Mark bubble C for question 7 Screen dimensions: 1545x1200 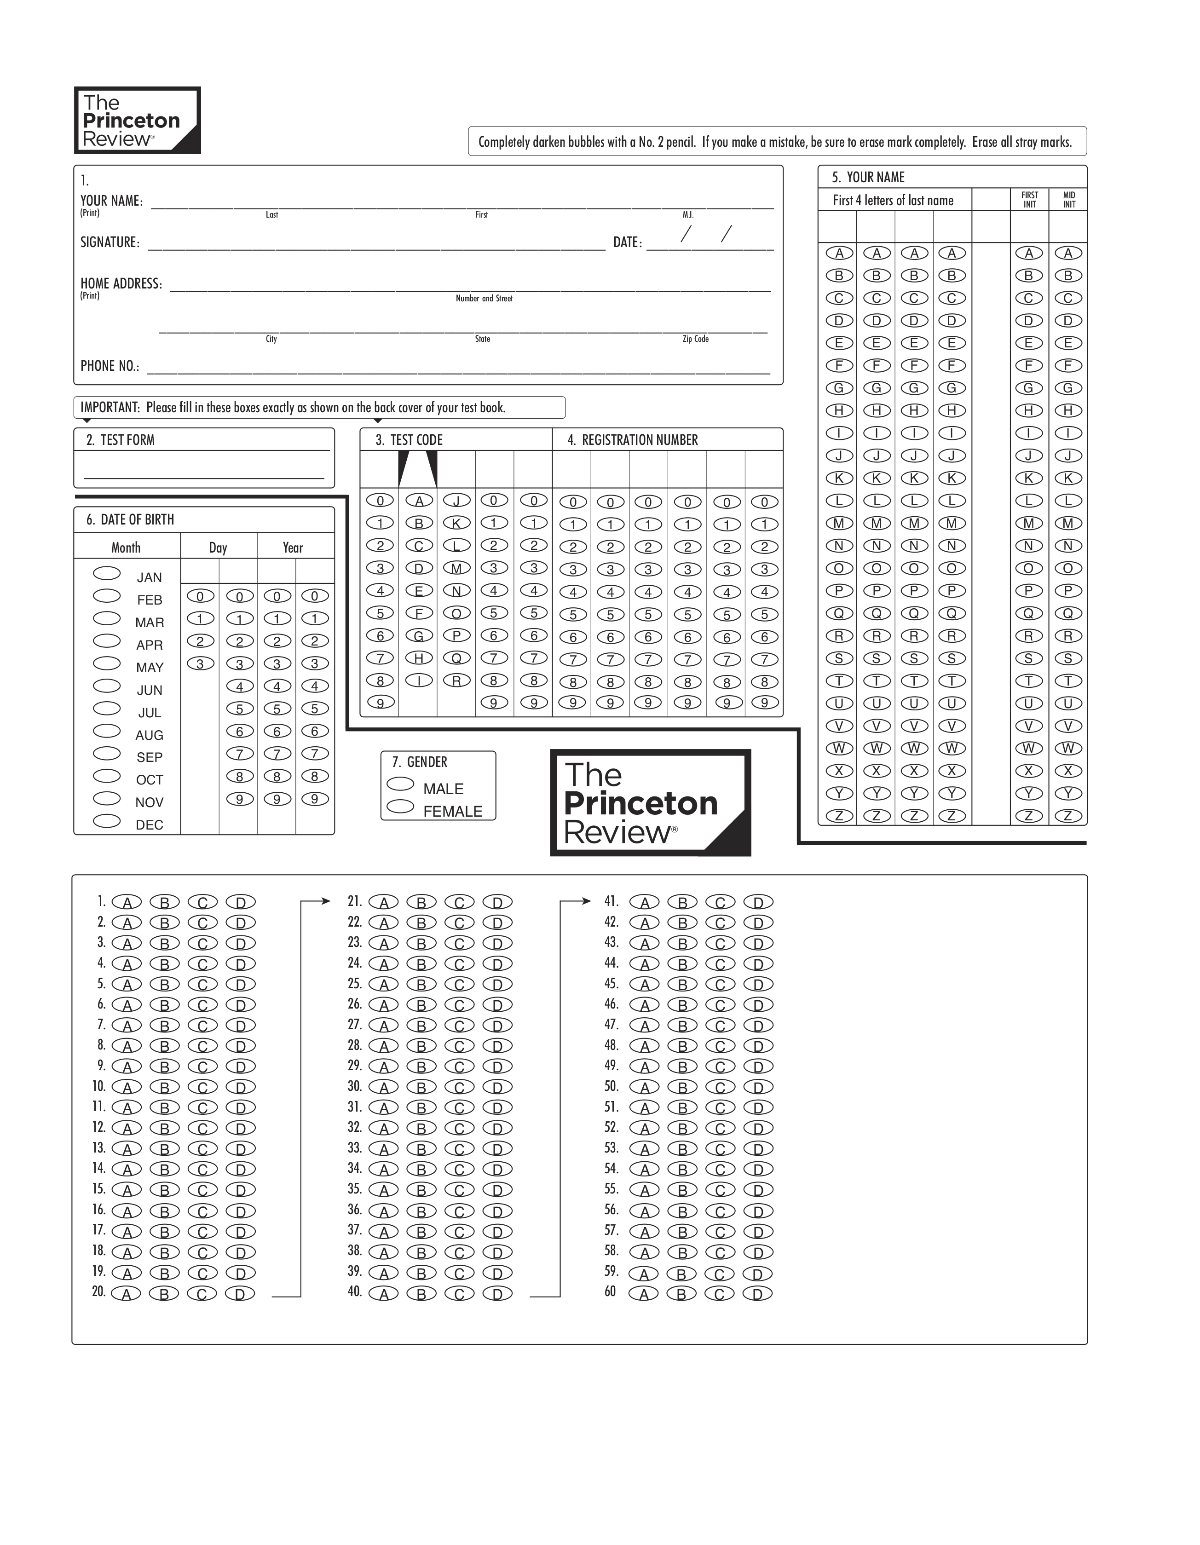(202, 1026)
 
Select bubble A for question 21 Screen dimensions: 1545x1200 (383, 903)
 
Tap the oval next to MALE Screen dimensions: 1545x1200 (400, 784)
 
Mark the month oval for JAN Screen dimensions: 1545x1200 (107, 573)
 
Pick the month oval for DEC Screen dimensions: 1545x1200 (107, 821)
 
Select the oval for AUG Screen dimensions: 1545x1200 (107, 731)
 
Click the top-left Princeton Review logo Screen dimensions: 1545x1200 (137, 120)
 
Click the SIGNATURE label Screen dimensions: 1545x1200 (110, 242)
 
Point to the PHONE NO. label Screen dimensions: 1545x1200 (110, 366)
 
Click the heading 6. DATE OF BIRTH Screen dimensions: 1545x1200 (130, 520)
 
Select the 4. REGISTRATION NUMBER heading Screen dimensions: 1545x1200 (633, 440)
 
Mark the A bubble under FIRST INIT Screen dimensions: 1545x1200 (1029, 253)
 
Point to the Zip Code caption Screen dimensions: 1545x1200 (696, 339)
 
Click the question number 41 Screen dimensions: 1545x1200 (612, 901)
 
